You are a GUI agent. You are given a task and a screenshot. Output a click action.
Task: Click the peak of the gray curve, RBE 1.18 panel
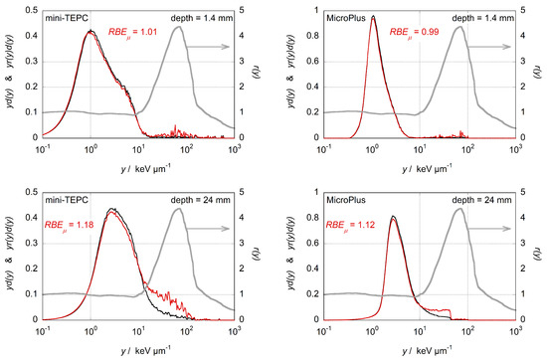coord(180,208)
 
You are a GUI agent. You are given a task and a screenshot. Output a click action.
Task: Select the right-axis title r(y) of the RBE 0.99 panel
coord(541,73)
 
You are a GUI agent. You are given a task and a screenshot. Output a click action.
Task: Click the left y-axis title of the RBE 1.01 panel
coord(9,73)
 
